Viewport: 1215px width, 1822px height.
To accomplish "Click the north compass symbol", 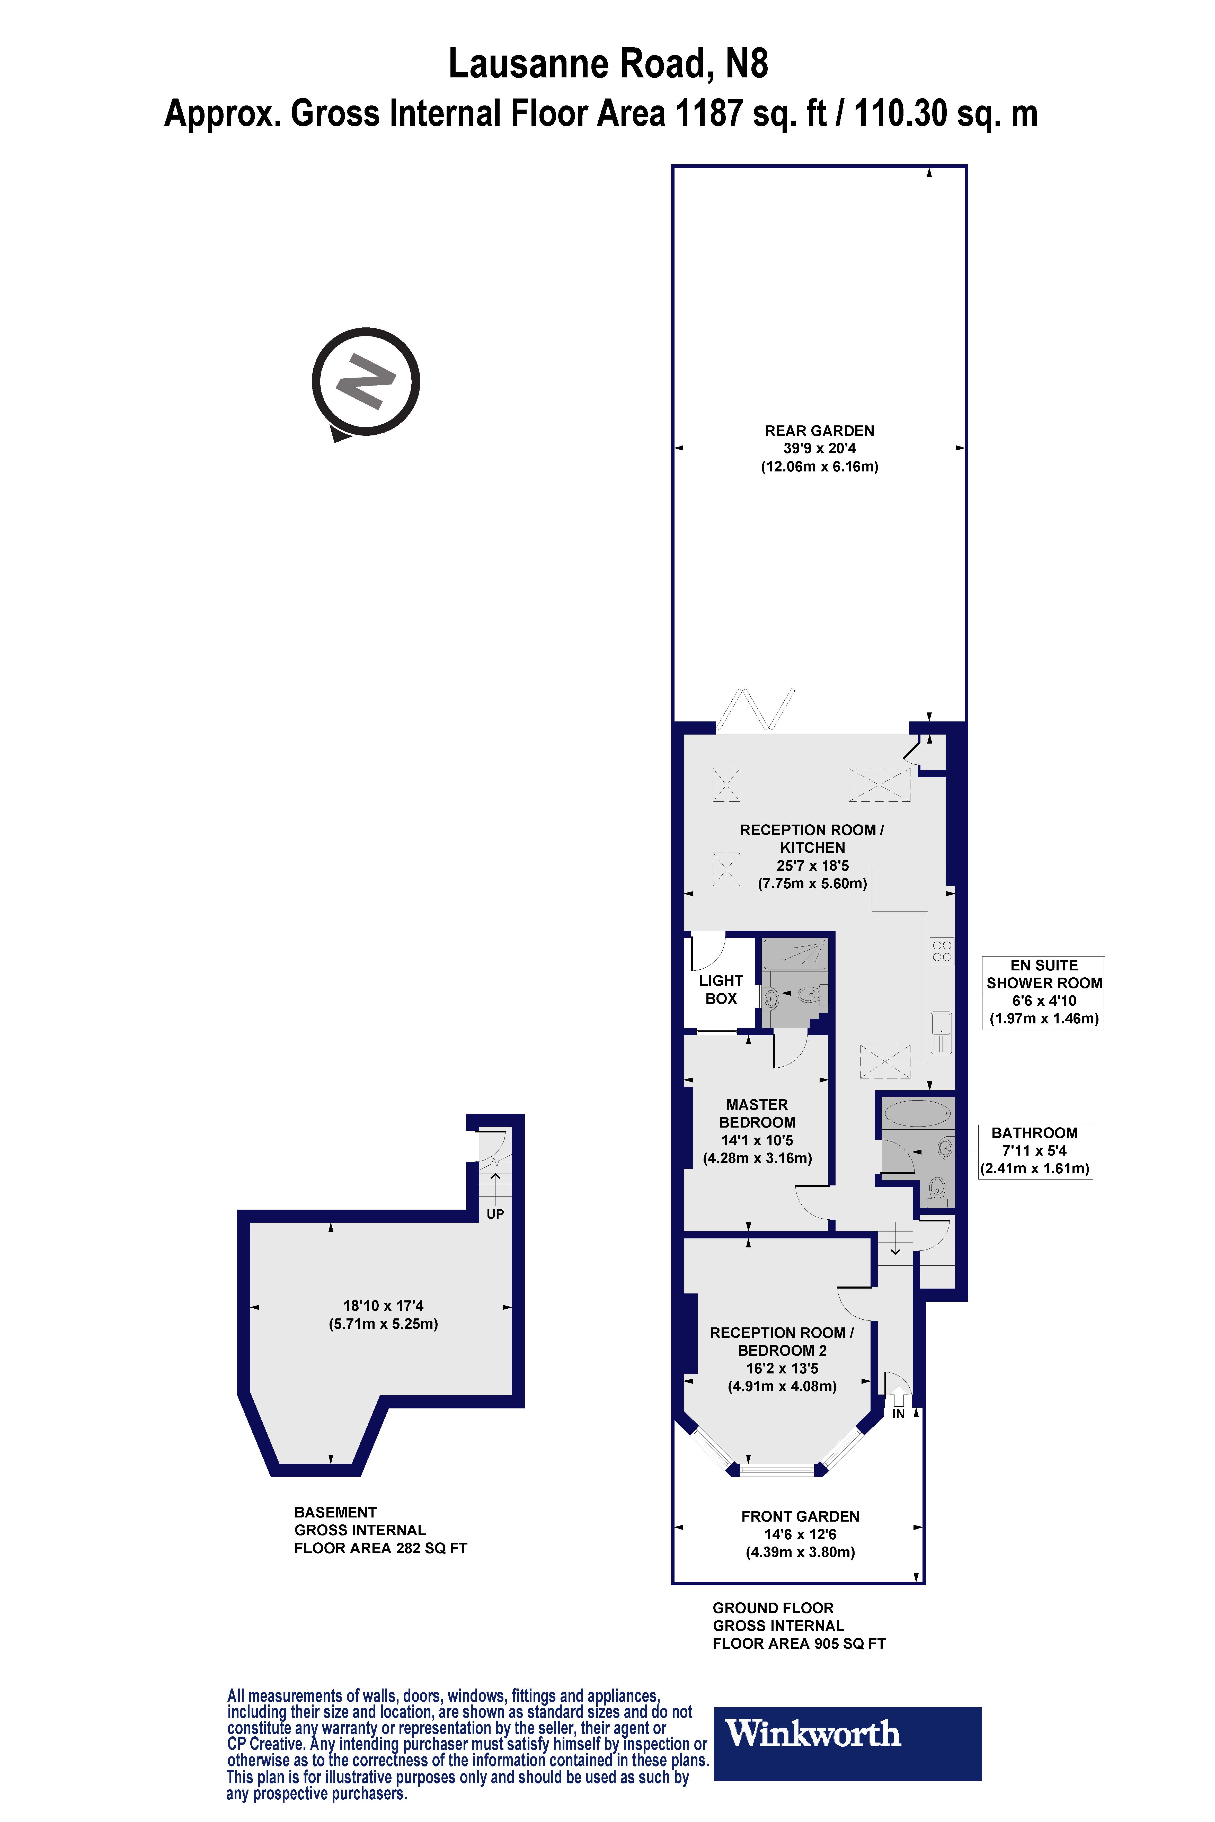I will pos(366,381).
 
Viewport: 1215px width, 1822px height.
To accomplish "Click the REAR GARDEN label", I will pos(819,431).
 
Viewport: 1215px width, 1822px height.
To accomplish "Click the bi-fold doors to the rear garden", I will pos(756,709).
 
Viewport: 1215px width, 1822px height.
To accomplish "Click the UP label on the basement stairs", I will pos(495,1214).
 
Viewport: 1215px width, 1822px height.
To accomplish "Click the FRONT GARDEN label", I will pos(800,1516).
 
